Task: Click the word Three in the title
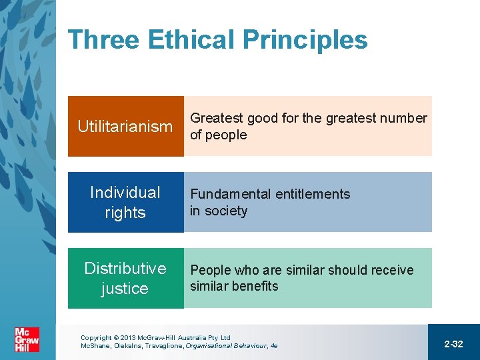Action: click(x=103, y=40)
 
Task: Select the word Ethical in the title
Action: click(x=191, y=40)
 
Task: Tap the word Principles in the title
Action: click(x=305, y=40)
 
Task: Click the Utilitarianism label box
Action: click(x=125, y=127)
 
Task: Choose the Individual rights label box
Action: click(x=125, y=203)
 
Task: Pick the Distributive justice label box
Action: click(x=125, y=279)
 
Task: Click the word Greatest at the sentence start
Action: click(x=217, y=119)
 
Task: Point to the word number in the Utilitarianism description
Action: click(x=403, y=119)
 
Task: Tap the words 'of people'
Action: click(x=218, y=135)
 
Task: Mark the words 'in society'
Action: click(x=218, y=211)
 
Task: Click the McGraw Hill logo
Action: click(x=27, y=339)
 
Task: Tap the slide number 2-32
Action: click(x=453, y=344)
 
